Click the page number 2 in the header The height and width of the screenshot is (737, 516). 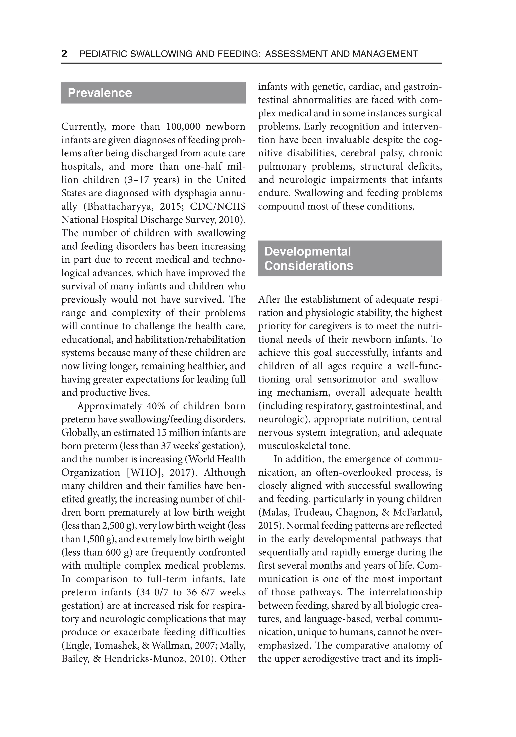click(x=64, y=54)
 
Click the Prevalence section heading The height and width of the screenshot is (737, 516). click(x=100, y=93)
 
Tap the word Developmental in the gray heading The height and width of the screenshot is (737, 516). click(x=307, y=251)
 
